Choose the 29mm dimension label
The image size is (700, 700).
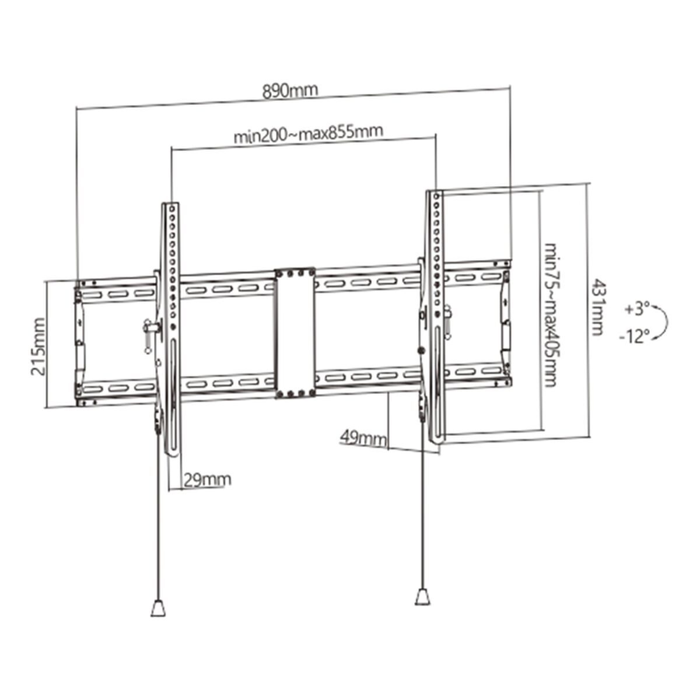pyautogui.click(x=207, y=480)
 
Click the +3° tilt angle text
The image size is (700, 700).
pyautogui.click(x=636, y=309)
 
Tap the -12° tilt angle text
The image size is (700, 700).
pyautogui.click(x=635, y=337)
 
